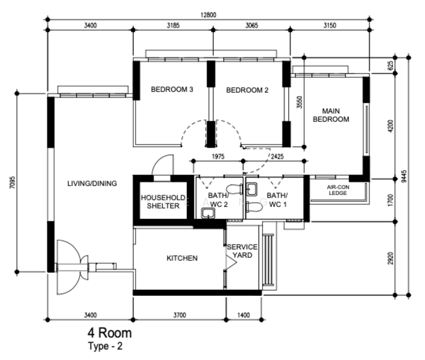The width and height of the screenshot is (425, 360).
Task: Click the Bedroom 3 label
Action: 172,89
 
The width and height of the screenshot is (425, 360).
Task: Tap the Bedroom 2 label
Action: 247,90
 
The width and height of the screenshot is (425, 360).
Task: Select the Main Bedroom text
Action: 331,115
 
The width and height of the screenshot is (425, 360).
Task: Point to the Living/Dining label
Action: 92,184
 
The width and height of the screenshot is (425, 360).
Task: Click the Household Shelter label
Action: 163,202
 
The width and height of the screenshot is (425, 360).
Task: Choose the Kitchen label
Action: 182,258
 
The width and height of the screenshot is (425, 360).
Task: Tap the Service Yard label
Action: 243,251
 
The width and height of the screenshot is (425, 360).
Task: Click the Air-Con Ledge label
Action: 338,190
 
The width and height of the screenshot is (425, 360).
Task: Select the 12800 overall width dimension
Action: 208,15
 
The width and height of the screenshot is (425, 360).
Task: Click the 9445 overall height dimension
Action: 404,176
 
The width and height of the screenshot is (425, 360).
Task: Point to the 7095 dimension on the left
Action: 13,182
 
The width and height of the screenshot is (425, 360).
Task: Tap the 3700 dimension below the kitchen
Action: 179,315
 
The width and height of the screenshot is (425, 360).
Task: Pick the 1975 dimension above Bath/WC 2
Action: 218,157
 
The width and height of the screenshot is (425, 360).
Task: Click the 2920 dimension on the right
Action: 390,259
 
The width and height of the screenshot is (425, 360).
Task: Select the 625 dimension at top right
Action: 390,65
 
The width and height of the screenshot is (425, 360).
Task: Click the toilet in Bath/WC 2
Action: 235,189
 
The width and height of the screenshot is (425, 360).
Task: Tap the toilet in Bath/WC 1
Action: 254,207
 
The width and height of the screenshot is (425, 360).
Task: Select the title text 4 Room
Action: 109,333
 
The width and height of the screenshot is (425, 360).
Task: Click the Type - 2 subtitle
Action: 105,346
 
